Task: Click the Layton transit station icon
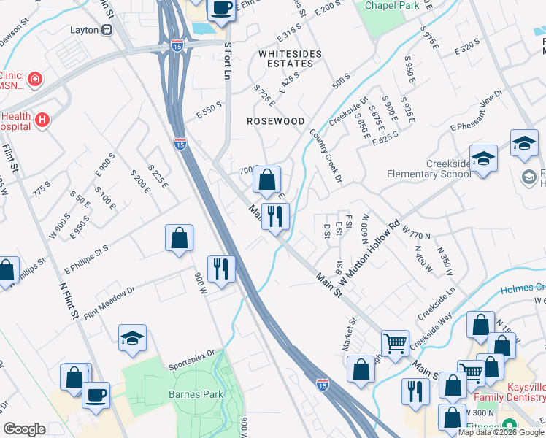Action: click(107, 30)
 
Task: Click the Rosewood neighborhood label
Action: click(274, 120)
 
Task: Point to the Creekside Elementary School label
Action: click(428, 168)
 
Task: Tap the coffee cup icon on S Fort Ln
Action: click(221, 9)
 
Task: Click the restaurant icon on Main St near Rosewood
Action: click(275, 216)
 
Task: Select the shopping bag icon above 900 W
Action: click(179, 238)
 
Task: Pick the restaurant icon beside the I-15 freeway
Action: click(220, 269)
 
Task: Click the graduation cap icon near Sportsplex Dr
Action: click(132, 338)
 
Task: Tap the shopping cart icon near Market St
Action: click(395, 342)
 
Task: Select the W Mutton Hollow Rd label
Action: click(371, 253)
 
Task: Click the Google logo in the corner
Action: click(25, 429)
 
